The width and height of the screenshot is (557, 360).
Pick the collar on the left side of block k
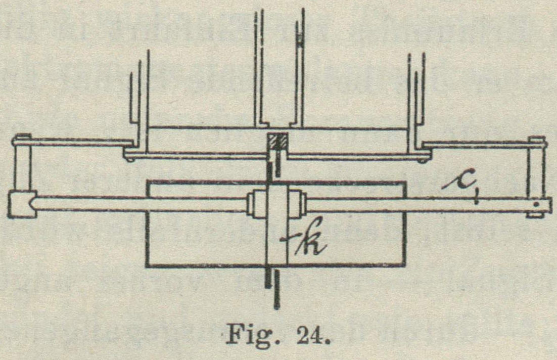point(255,204)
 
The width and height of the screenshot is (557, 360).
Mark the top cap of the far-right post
point(536,139)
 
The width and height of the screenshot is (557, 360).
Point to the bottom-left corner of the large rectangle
point(147,265)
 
